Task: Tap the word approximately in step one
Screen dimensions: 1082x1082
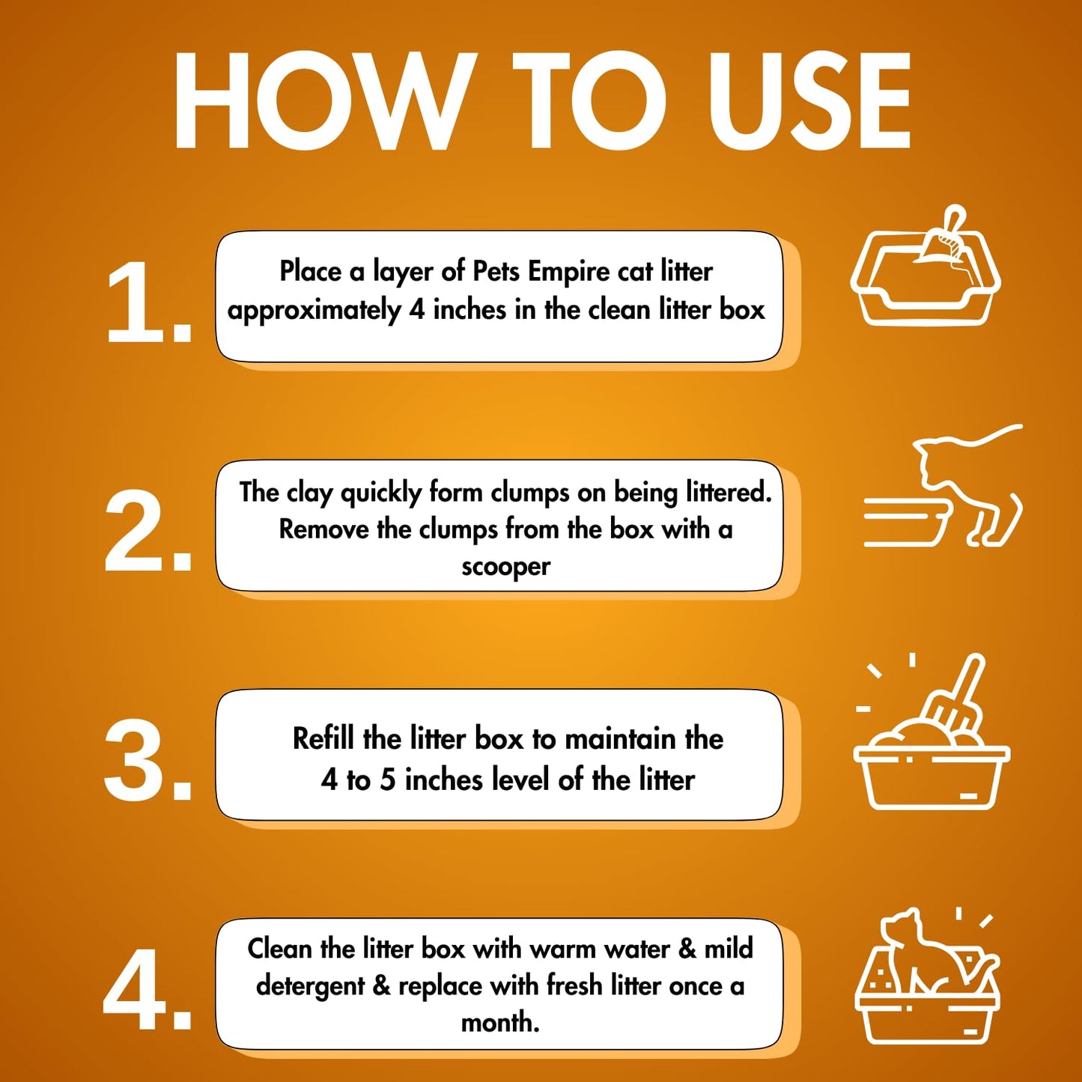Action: click(314, 311)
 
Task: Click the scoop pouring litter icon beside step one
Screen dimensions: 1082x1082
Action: click(926, 266)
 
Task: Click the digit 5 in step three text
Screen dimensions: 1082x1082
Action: click(388, 780)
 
